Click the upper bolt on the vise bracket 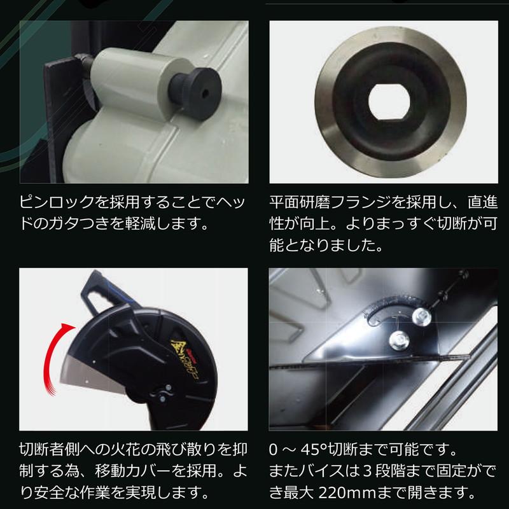pyautogui.click(x=421, y=315)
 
